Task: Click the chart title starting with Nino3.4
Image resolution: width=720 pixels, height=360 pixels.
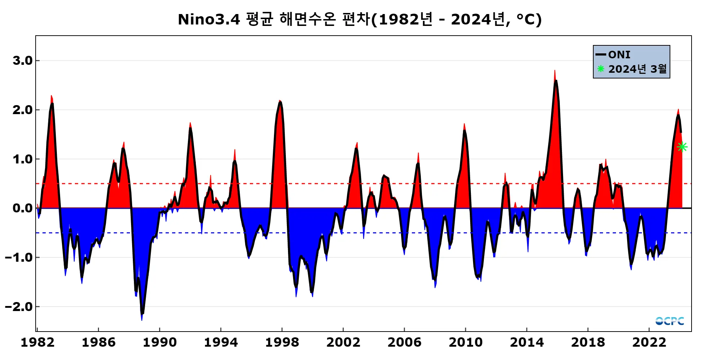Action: [360, 19]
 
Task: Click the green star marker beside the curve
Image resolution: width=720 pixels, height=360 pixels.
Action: [682, 147]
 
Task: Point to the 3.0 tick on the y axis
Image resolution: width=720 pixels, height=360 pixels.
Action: [22, 60]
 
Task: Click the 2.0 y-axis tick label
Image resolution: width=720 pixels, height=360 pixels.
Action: [22, 110]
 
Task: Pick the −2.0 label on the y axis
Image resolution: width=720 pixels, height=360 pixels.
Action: [19, 307]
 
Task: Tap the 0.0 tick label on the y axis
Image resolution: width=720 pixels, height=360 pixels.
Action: [22, 208]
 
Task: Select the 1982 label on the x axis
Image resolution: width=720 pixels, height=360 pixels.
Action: [37, 342]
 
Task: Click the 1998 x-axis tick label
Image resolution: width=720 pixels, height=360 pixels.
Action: [282, 342]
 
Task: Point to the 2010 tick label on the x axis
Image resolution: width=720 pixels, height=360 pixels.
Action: [465, 342]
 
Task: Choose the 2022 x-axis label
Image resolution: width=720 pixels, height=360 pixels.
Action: [649, 342]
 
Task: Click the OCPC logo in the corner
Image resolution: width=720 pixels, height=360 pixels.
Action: [670, 321]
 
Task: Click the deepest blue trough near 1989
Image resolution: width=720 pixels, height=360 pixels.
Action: [142, 319]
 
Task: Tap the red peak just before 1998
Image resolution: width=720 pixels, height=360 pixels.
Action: [280, 101]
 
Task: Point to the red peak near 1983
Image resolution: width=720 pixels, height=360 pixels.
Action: [51, 96]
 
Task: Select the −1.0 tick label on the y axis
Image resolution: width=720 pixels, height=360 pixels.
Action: [19, 257]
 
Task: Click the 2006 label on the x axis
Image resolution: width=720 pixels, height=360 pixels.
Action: [404, 342]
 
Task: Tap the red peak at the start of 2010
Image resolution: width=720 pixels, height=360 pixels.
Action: [464, 125]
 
